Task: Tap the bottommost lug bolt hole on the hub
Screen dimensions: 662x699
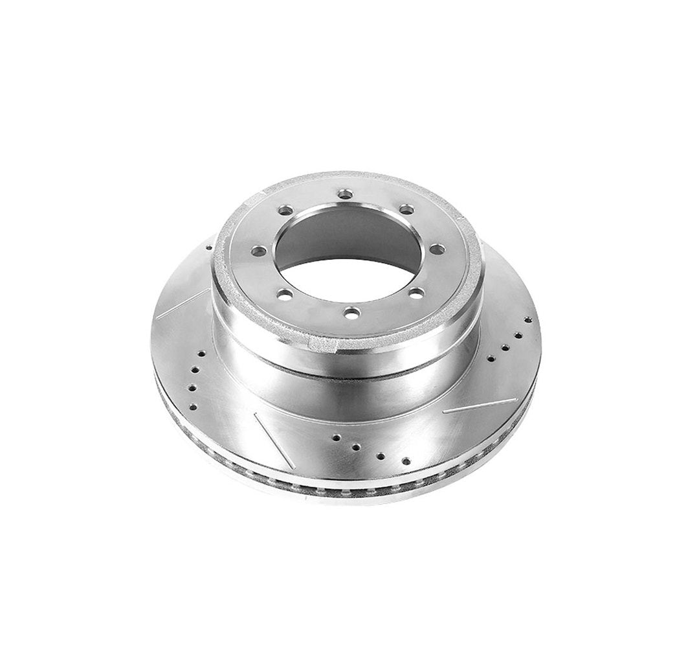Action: click(x=351, y=314)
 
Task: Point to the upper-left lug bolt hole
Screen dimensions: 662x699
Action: click(x=284, y=211)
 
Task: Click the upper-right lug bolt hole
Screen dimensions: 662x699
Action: click(x=406, y=209)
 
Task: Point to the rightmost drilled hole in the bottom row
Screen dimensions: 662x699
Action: click(x=406, y=461)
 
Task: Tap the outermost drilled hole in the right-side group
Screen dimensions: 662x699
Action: click(x=528, y=319)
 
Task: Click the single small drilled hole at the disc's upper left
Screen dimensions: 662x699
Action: click(x=209, y=247)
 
